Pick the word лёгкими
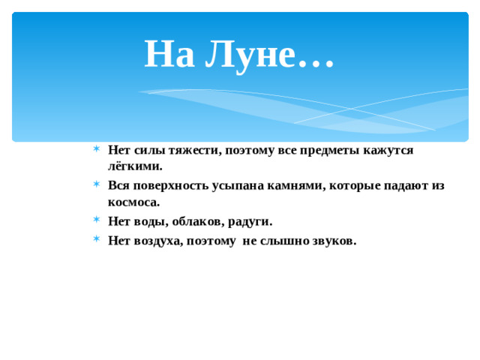click(x=135, y=166)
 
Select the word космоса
click(x=134, y=202)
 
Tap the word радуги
click(x=245, y=221)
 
